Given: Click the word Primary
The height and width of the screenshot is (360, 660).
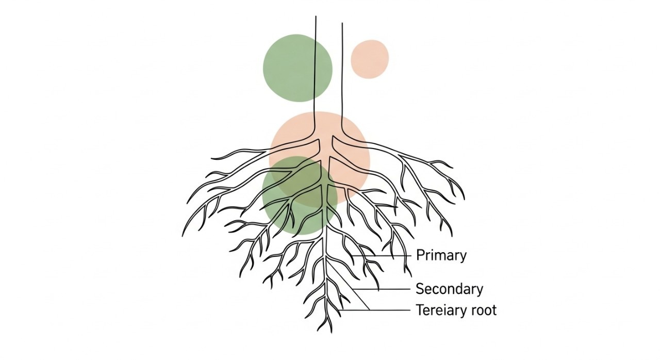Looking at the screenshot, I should tap(441, 255).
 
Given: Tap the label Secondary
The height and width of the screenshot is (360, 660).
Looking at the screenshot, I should tap(449, 289).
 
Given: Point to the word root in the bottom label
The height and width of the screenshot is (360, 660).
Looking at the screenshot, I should tap(485, 310).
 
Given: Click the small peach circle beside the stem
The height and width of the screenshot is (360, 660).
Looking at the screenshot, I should tap(370, 59).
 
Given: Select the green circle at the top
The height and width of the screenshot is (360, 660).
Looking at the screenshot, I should tap(298, 68).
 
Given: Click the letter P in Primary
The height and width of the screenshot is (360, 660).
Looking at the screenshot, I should tap(420, 255).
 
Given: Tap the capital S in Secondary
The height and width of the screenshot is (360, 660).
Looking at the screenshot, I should tap(420, 289).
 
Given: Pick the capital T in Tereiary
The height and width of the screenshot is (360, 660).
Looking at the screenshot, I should tap(420, 310).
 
